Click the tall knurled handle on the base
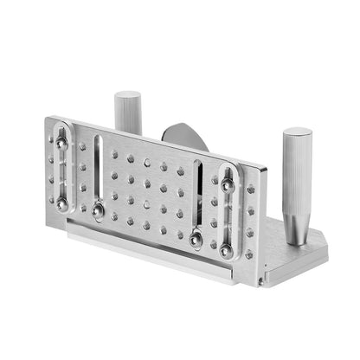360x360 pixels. point(295,186)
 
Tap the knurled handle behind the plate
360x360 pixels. point(128,112)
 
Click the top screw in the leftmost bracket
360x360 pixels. point(61,141)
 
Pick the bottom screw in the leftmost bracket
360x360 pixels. point(62,203)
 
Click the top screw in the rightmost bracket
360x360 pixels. point(226,183)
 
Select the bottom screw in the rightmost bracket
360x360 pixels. point(226,250)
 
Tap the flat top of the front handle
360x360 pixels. point(297,134)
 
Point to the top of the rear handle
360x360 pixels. point(128,94)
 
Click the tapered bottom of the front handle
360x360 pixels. point(295,238)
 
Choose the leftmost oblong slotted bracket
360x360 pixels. point(61,171)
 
